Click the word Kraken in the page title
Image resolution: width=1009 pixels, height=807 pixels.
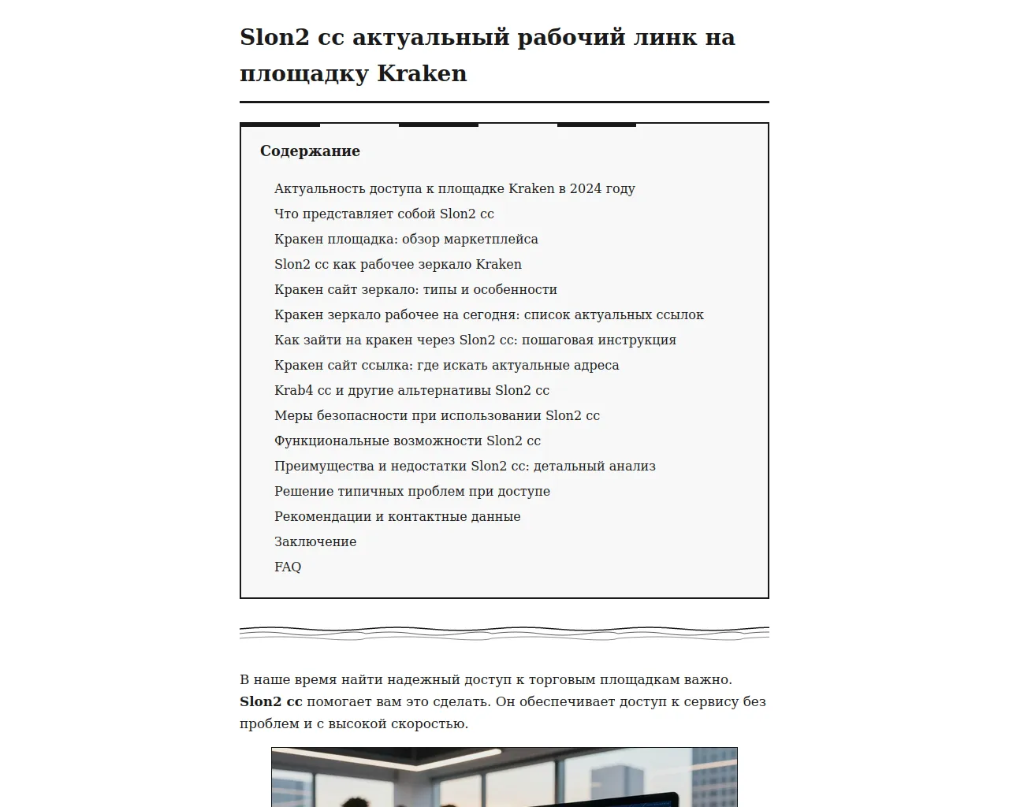(x=422, y=73)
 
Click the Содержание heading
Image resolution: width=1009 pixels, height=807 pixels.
(x=310, y=151)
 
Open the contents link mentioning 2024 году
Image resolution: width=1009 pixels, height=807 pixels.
(x=454, y=188)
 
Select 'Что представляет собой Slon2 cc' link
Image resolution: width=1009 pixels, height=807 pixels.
(x=384, y=214)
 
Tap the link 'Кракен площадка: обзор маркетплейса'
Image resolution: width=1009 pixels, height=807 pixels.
(x=406, y=239)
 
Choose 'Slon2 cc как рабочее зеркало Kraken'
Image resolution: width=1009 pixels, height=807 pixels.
(x=397, y=264)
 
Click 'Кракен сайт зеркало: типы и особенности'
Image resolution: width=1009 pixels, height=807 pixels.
(x=415, y=289)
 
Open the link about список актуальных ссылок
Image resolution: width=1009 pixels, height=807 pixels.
(x=489, y=314)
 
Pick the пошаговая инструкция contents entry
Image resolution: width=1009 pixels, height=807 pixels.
(x=475, y=340)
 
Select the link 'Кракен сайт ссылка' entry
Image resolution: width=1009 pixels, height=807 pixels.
(x=446, y=365)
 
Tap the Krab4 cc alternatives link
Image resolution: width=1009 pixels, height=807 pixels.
(x=411, y=390)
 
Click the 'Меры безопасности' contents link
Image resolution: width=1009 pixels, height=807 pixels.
(x=437, y=415)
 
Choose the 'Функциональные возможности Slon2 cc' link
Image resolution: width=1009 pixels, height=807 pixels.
(x=407, y=441)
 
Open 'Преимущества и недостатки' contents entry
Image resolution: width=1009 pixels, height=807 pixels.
(x=464, y=466)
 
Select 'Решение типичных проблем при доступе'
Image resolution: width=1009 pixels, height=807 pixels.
(x=411, y=491)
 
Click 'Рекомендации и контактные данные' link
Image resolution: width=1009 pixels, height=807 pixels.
(x=397, y=516)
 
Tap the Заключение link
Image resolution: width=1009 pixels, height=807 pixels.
(x=315, y=541)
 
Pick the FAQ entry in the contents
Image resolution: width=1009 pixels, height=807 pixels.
(x=288, y=567)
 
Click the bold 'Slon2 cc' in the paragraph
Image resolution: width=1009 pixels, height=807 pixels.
(x=270, y=701)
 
